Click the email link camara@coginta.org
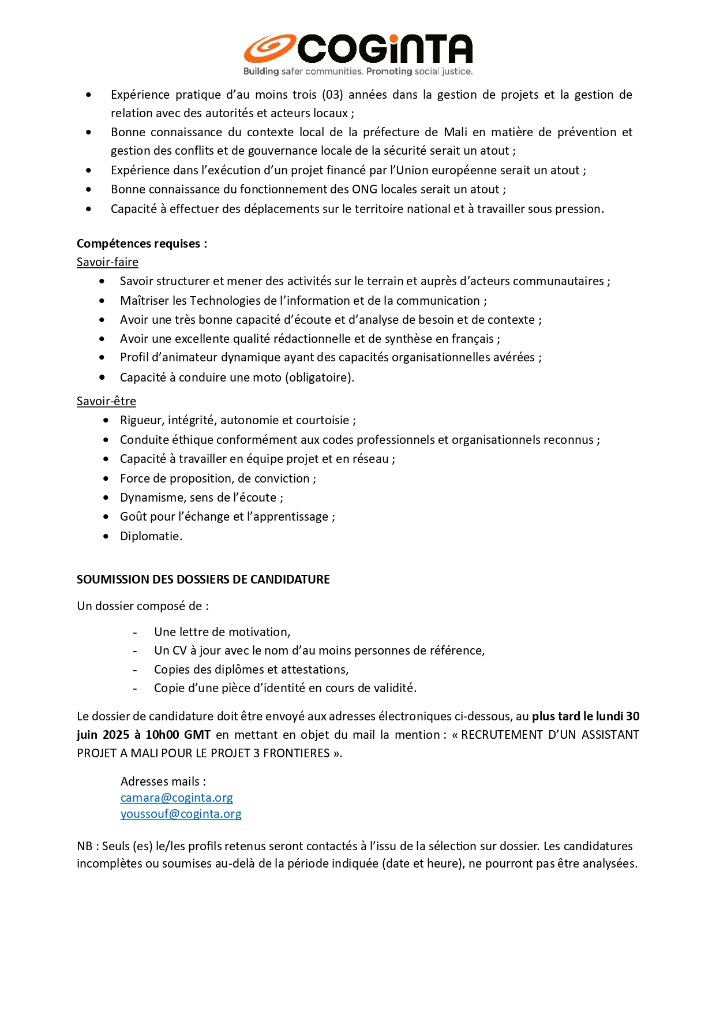point(177,798)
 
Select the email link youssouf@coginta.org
point(181,814)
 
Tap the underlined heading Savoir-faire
point(107,262)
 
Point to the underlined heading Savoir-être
point(106,401)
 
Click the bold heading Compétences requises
point(141,244)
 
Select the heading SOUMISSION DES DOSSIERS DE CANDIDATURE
point(203,580)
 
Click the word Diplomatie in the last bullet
point(151,536)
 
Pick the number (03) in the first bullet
point(332,95)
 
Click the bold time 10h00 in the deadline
point(162,735)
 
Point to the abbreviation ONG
point(365,189)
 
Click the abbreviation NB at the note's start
point(85,846)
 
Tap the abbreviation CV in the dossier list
point(179,651)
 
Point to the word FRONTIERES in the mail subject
point(297,753)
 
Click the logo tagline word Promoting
point(389,72)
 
